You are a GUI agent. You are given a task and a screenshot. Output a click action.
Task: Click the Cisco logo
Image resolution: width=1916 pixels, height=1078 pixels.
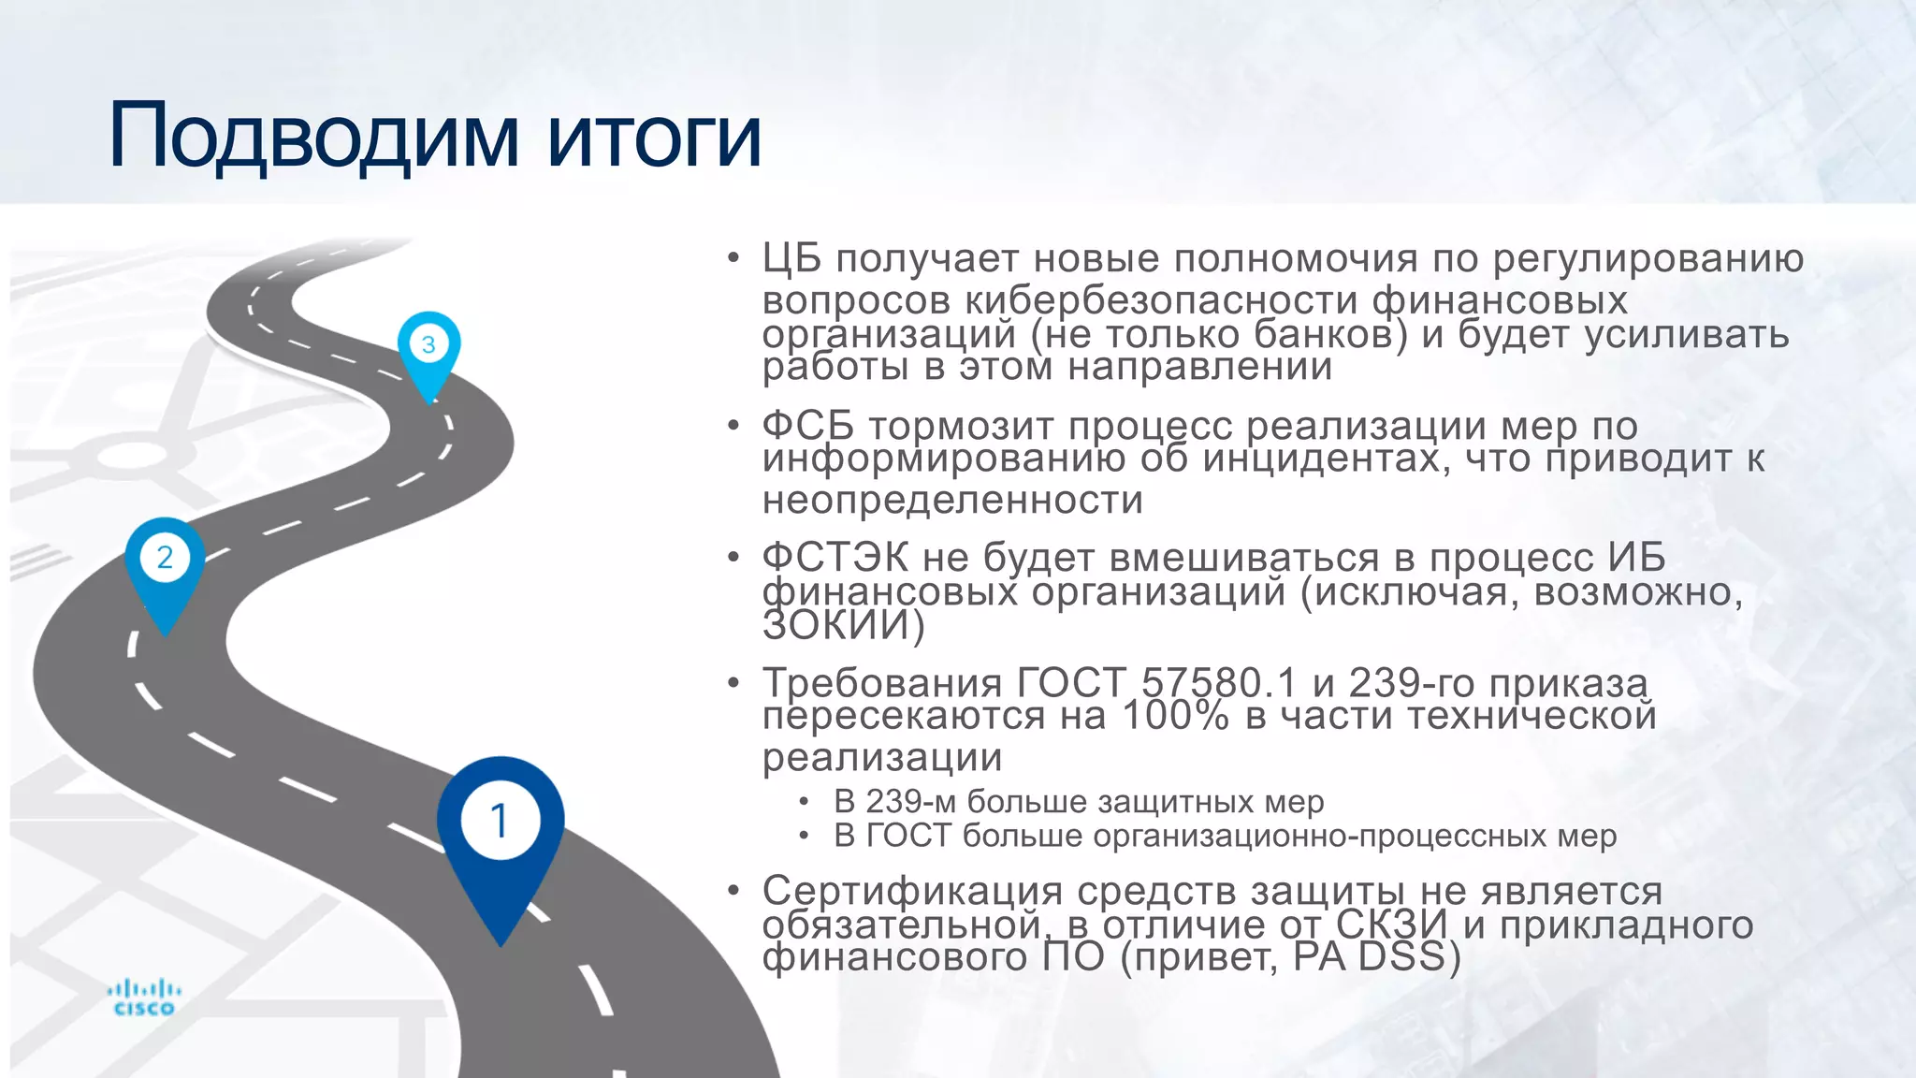click(143, 998)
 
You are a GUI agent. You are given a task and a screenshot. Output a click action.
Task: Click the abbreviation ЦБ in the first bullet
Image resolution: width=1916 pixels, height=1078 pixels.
click(791, 258)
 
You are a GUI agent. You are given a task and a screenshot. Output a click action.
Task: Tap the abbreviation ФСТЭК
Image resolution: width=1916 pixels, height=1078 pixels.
click(835, 558)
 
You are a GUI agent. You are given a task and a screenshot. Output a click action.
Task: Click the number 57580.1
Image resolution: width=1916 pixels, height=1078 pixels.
click(1219, 683)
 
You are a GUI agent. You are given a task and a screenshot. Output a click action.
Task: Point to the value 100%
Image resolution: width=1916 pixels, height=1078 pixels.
click(1175, 716)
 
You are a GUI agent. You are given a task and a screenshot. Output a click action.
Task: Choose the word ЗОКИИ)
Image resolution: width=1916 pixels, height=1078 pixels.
click(843, 625)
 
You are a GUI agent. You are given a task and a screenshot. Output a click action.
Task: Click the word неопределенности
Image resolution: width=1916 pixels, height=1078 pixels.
click(952, 500)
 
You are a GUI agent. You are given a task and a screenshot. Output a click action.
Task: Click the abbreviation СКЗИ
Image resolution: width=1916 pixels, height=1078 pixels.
click(1392, 925)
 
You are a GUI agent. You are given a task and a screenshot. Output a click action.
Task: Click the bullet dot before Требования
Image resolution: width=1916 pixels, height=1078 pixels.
click(734, 683)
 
